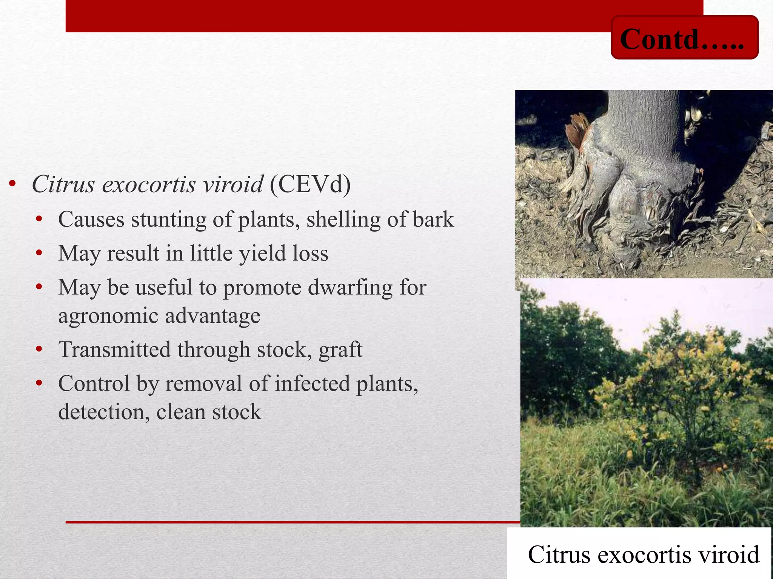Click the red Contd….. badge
pos(684,38)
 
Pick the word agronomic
pos(108,316)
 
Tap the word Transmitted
pos(114,349)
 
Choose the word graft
pos(340,349)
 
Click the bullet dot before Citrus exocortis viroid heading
pos(13,184)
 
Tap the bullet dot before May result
pos(39,253)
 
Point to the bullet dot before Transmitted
pos(39,349)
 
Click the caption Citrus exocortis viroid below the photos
pos(643,554)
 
